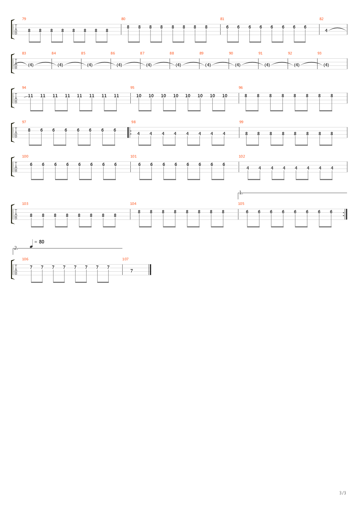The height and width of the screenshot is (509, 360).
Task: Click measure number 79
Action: point(24,19)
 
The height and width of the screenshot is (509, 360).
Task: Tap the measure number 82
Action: point(321,19)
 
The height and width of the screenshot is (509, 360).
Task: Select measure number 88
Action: point(172,53)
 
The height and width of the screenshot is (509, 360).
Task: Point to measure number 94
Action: point(24,88)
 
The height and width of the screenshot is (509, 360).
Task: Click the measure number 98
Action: point(133,122)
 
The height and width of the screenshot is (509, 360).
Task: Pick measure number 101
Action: point(133,156)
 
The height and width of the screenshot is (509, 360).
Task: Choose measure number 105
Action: point(241,204)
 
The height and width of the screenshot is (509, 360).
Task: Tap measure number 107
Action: point(125,259)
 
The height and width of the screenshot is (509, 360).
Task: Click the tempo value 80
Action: point(42,242)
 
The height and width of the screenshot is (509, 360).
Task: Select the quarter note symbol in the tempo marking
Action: point(32,244)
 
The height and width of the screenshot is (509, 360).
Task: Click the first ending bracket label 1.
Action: point(240,193)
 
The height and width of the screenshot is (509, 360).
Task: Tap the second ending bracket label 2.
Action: point(16,248)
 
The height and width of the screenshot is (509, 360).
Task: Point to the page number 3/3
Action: point(342,493)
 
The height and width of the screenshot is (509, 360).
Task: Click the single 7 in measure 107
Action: point(131,271)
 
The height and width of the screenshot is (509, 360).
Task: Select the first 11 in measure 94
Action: point(30,96)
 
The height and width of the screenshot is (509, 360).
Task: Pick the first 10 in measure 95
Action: point(139,96)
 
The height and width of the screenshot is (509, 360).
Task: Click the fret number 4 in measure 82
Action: point(326,30)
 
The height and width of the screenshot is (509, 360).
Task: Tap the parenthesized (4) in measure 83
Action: point(31,65)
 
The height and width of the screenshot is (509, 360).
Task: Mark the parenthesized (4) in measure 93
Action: point(326,65)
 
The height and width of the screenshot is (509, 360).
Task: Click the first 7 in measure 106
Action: point(31,267)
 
